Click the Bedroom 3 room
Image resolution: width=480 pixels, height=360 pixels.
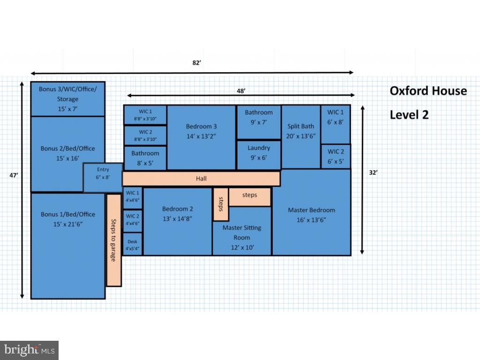(202, 137)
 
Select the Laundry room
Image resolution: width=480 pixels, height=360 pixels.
(259, 155)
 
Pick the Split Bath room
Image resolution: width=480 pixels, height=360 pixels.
(301, 137)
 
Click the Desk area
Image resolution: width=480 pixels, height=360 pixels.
(133, 244)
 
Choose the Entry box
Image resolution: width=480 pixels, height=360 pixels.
(103, 177)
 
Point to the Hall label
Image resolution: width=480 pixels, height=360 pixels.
(201, 179)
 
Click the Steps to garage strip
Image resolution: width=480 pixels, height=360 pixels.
(114, 240)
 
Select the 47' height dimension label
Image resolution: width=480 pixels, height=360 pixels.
(14, 175)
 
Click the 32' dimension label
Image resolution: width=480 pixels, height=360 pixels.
(373, 172)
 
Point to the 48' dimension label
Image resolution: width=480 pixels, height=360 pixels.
(241, 91)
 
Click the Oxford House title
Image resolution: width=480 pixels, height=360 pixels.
(428, 91)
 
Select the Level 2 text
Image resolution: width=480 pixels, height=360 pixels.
(409, 115)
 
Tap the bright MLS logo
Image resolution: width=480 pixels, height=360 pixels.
(29, 350)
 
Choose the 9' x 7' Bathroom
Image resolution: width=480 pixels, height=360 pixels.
(259, 122)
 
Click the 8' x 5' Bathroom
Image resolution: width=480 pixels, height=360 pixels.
(145, 158)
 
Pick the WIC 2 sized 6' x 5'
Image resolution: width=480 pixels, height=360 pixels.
(336, 157)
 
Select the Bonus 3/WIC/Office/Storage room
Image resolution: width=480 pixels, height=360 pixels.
(67, 99)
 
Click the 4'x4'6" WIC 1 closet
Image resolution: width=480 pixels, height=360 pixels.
(133, 198)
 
